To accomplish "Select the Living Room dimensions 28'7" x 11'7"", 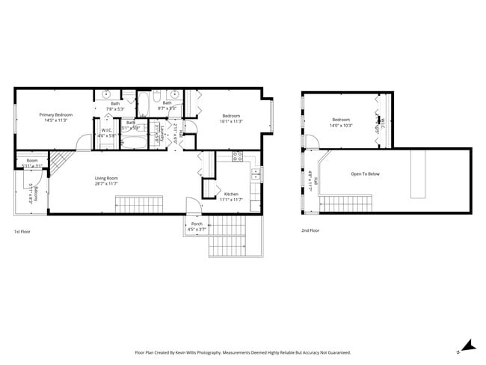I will (x=106, y=183).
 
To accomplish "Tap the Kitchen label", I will (x=231, y=194).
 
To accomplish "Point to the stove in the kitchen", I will (x=238, y=157).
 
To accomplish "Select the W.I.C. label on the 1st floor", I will (x=107, y=131).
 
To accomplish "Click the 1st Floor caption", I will (x=22, y=231).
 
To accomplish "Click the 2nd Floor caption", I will (x=310, y=231).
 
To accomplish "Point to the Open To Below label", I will (x=365, y=174).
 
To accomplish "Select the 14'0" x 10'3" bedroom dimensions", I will (x=342, y=126).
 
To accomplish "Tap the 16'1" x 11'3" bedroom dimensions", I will (x=231, y=121).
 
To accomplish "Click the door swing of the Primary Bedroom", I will (x=83, y=141).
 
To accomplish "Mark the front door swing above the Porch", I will (x=193, y=205).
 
